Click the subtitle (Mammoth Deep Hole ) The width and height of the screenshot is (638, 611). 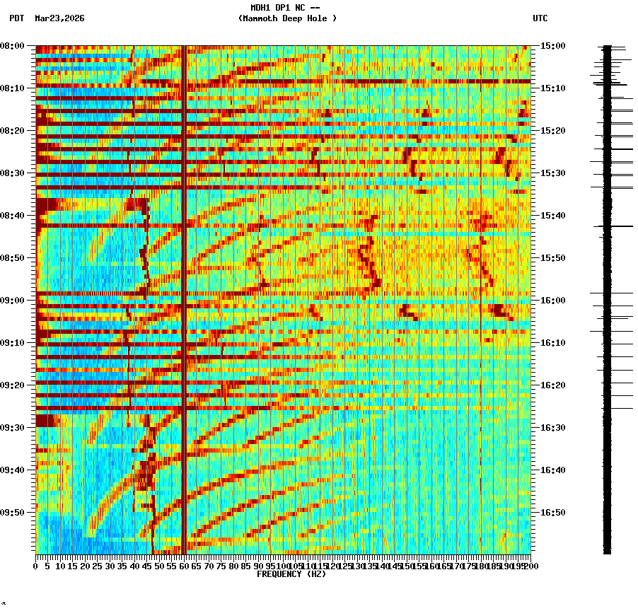[287, 18]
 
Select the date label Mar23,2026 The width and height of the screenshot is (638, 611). [59, 18]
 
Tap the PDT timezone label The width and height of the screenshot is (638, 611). [17, 18]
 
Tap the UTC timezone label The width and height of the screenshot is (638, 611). [540, 18]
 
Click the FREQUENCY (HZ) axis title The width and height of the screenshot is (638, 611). [291, 574]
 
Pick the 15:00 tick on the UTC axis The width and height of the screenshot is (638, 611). [552, 46]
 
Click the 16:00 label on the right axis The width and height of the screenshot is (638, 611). [552, 301]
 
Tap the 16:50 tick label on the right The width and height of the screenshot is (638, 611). [552, 513]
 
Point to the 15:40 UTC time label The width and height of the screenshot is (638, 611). [552, 216]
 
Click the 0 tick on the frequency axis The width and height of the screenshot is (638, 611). [36, 566]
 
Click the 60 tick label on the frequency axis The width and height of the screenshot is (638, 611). [184, 566]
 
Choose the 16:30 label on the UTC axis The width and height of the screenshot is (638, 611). [552, 428]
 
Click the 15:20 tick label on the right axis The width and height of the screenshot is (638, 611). [552, 131]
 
